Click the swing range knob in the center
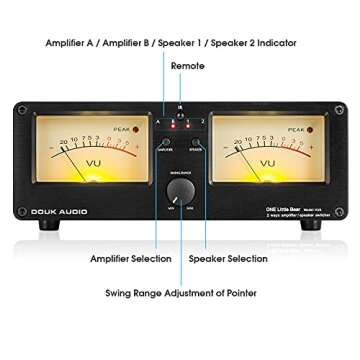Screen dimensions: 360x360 [180, 190]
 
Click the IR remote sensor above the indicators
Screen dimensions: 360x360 [180, 107]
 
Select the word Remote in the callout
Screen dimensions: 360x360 [187, 66]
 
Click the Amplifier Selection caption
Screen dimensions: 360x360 [130, 259]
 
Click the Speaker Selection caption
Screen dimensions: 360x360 [228, 259]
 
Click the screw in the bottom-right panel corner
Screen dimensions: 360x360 [340, 222]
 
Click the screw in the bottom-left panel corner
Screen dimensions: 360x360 [20, 222]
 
